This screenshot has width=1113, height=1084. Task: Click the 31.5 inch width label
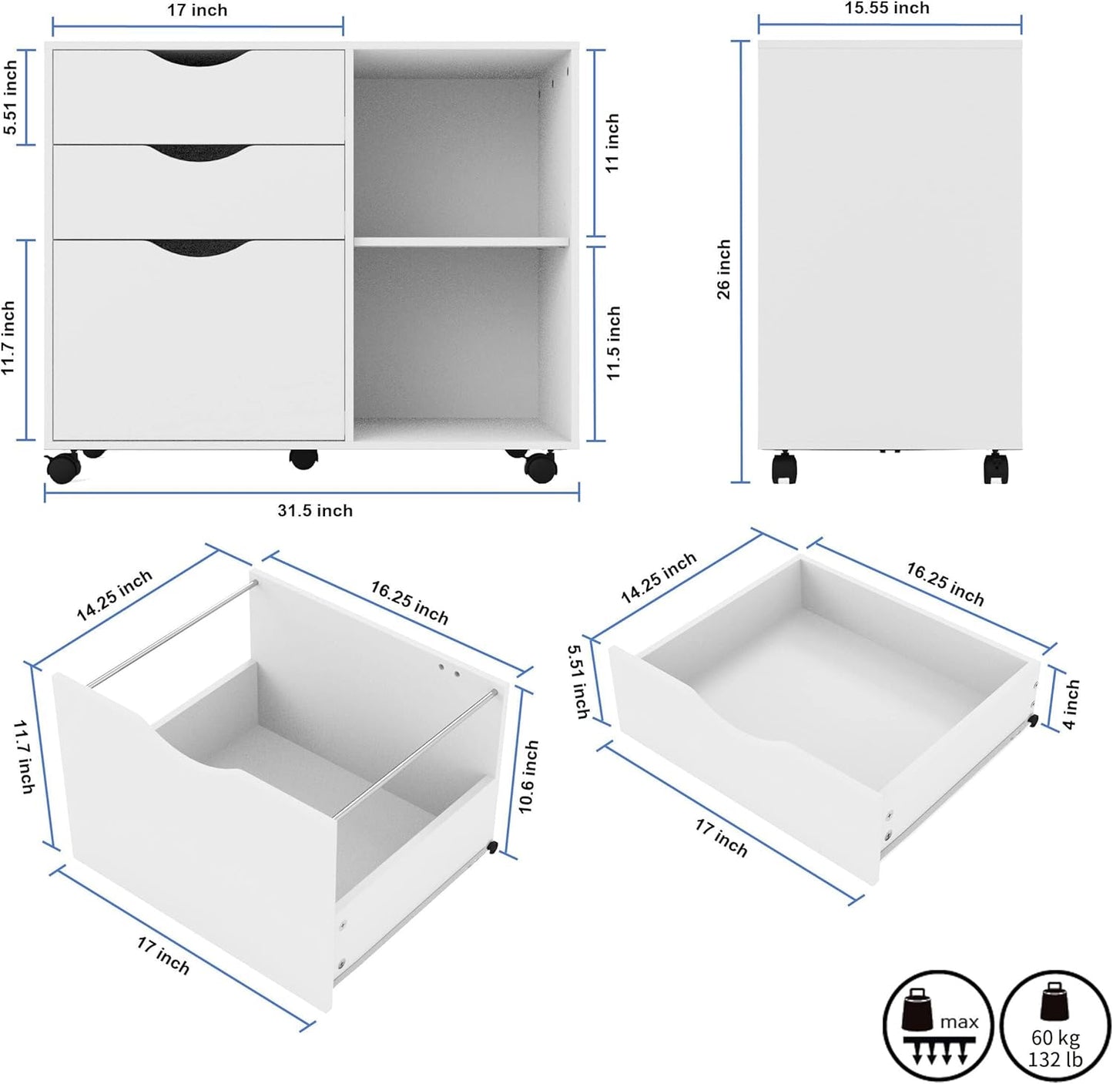[x=315, y=511]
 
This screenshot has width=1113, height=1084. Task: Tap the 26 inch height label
[x=724, y=268]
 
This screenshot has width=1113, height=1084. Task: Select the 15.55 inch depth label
[x=887, y=8]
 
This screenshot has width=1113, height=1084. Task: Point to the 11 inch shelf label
[x=612, y=143]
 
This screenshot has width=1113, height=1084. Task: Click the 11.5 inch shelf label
[x=613, y=343]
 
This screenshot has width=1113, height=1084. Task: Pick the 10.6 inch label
[x=528, y=777]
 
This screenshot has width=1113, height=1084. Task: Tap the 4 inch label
[x=1071, y=704]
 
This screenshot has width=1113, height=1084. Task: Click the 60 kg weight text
[x=1055, y=1037]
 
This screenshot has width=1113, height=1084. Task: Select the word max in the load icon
[x=959, y=1022]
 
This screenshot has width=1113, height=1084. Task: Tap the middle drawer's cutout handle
[x=199, y=152]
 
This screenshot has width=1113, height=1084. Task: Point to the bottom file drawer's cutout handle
[x=199, y=247]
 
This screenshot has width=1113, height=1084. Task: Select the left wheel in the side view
[x=784, y=468]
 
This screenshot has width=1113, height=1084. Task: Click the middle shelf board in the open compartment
[x=461, y=242]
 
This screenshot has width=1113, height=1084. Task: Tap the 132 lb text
[x=1055, y=1060]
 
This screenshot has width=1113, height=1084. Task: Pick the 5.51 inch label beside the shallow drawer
[x=579, y=681]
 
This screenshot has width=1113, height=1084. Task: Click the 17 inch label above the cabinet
[x=197, y=11]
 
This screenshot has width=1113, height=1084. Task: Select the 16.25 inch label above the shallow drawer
[x=945, y=583]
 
